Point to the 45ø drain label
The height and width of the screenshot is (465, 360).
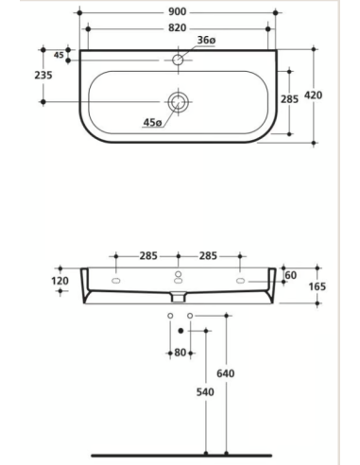(152, 121)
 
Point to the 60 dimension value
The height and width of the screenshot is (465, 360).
(291, 275)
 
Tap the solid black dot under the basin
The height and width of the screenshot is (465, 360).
(180, 331)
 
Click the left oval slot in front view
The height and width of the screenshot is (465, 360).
(115, 282)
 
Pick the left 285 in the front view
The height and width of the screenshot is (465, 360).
(146, 256)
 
